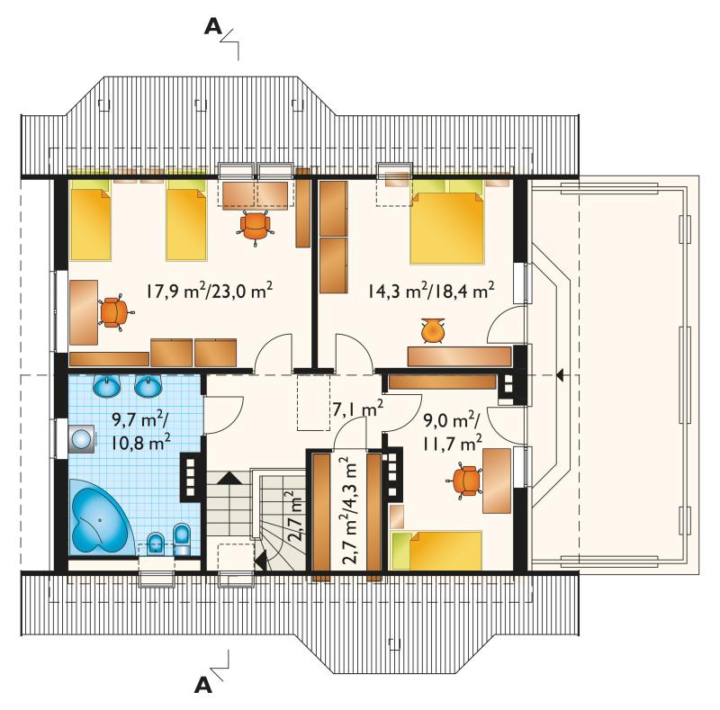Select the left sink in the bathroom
[x=106, y=386]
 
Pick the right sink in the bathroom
[x=148, y=386]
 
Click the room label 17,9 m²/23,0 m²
[x=210, y=291]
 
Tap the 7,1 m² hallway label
[x=357, y=409]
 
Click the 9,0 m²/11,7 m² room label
[x=452, y=432]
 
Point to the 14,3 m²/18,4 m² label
[x=431, y=291]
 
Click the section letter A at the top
[x=213, y=28]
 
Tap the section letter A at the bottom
[x=203, y=685]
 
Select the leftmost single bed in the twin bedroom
[x=91, y=220]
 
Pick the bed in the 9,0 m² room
[x=436, y=550]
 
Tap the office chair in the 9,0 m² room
[x=464, y=481]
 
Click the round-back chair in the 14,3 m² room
[x=433, y=330]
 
